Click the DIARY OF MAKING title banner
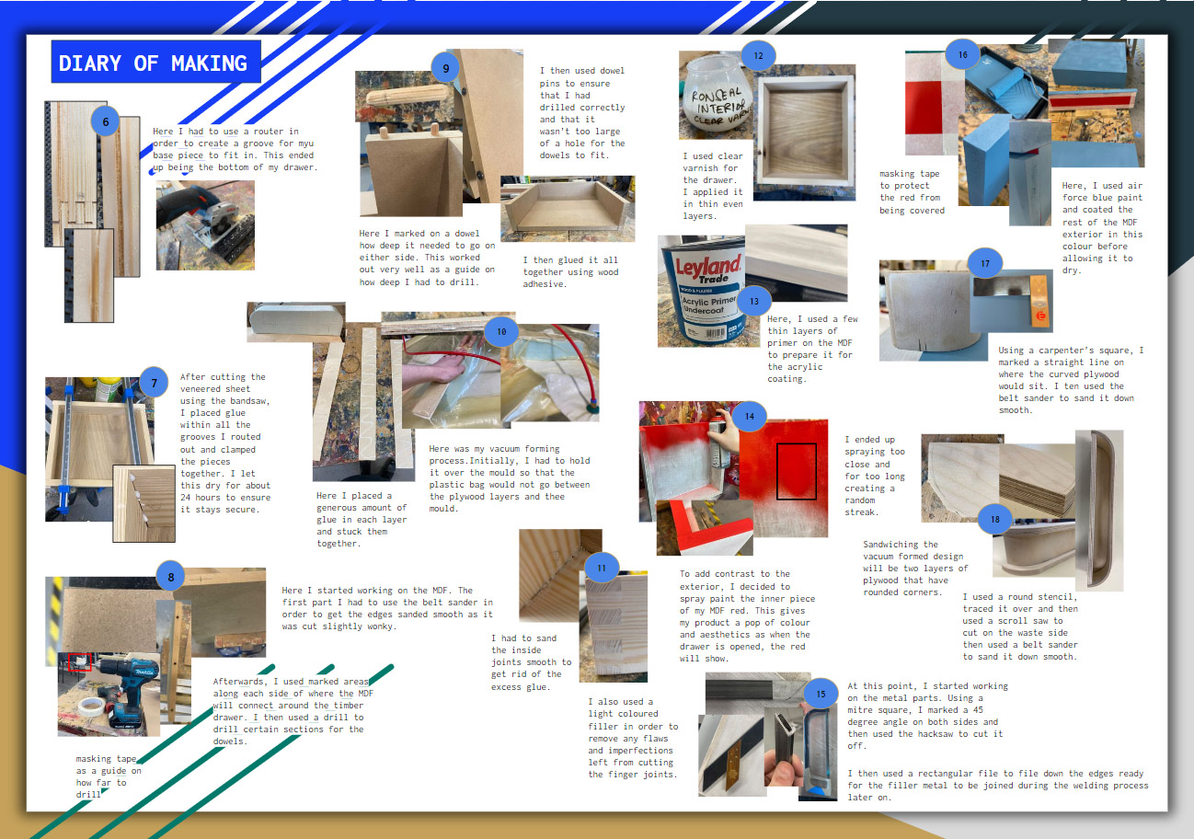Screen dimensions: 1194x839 coord(155,62)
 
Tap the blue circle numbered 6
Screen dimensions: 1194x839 coord(106,121)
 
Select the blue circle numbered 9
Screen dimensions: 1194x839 coord(445,68)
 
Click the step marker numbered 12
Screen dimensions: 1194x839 coord(758,55)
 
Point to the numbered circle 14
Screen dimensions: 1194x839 coord(750,417)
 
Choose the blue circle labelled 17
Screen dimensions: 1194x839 coord(985,263)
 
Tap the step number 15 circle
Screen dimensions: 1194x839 coord(821,694)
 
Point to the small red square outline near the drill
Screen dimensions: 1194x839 coord(80,662)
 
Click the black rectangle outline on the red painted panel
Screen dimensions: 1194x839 coord(797,472)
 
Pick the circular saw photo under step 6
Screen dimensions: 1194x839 coord(205,225)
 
